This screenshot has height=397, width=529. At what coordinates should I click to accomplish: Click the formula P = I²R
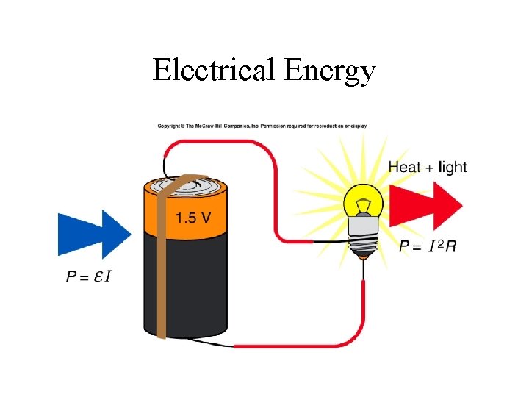428,247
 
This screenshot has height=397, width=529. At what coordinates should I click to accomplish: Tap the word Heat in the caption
404,167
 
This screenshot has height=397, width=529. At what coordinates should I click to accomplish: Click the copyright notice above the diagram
263,126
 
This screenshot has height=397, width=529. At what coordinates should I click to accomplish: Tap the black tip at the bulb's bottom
363,254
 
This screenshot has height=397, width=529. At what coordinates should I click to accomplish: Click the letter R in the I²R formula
450,247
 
